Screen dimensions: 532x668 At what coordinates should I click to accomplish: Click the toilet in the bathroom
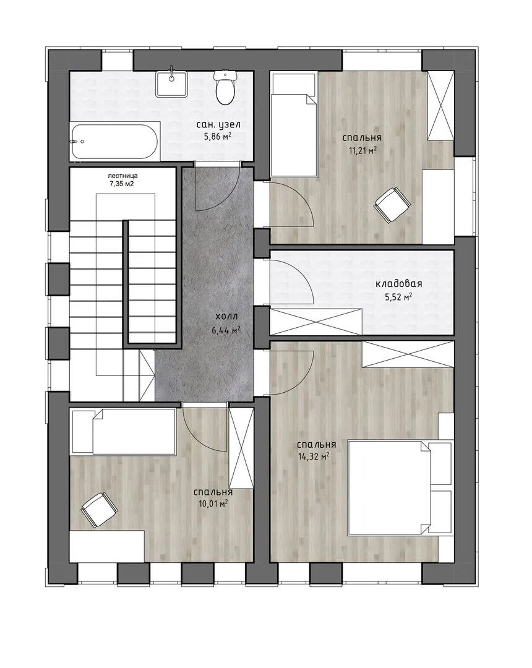(225, 87)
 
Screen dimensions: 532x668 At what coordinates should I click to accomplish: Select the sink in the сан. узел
(171, 83)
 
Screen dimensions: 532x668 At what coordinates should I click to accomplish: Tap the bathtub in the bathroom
(115, 142)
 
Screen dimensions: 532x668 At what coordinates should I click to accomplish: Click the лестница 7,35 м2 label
(122, 180)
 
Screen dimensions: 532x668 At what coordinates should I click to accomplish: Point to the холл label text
(226, 317)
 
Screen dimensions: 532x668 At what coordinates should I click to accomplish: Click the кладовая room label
(398, 284)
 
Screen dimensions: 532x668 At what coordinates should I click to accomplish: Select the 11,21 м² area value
(363, 150)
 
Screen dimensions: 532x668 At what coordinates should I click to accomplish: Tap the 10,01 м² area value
(213, 504)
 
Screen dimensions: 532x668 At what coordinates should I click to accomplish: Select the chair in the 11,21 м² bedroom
(392, 205)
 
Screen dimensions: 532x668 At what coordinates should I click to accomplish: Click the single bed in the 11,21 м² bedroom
(294, 125)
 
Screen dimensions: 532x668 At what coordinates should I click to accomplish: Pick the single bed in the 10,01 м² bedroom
(124, 432)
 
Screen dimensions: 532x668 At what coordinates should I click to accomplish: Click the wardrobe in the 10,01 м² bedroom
(241, 448)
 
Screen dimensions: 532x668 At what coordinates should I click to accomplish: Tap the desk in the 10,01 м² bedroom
(107, 547)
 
